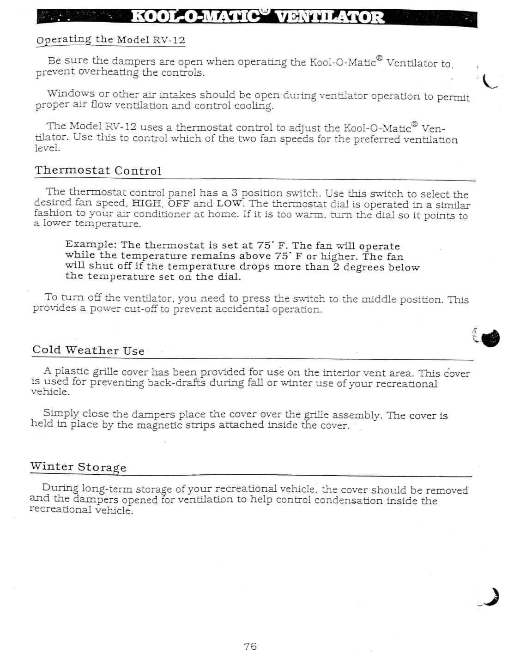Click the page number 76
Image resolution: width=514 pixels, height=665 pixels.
click(x=250, y=647)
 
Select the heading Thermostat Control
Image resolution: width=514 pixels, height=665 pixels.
click(x=98, y=170)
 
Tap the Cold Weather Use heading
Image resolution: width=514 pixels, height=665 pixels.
click(x=88, y=350)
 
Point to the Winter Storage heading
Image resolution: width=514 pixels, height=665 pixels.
click(x=78, y=467)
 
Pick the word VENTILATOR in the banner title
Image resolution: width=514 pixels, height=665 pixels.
click(x=329, y=18)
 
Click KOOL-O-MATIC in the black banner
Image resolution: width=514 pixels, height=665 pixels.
click(x=197, y=18)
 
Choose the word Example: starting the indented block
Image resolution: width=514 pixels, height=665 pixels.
click(x=91, y=244)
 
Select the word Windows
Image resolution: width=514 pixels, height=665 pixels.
click(x=71, y=94)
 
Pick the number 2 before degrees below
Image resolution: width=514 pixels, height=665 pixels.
click(x=336, y=267)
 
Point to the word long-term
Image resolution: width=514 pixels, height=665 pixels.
click(x=107, y=489)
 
